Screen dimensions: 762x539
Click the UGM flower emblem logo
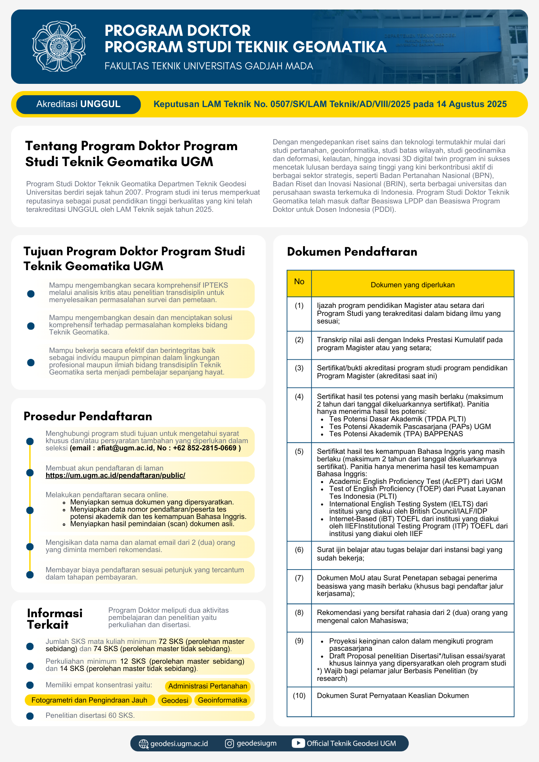[x=59, y=46]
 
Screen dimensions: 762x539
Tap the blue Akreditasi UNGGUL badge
[x=79, y=104]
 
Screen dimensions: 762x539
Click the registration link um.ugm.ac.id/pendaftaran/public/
[x=115, y=475]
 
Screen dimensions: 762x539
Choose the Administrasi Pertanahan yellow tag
[x=208, y=686]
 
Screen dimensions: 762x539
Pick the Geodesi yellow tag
[x=175, y=700]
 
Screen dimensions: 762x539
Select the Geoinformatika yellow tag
[x=222, y=700]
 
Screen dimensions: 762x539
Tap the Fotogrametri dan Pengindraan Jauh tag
[x=89, y=700]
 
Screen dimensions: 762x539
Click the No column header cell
[x=299, y=282]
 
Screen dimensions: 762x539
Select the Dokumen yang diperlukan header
[x=412, y=285]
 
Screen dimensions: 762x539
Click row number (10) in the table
[x=299, y=696]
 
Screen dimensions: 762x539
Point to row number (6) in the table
[x=299, y=550]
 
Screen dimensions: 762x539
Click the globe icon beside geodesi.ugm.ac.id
[x=144, y=744]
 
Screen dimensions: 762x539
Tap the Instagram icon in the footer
[x=229, y=743]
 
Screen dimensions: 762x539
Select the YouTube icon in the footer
[x=298, y=743]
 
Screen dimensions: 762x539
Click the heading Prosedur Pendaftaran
[x=88, y=416]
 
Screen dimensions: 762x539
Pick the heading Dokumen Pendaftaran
[x=352, y=251]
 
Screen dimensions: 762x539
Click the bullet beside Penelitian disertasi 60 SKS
[x=30, y=716]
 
